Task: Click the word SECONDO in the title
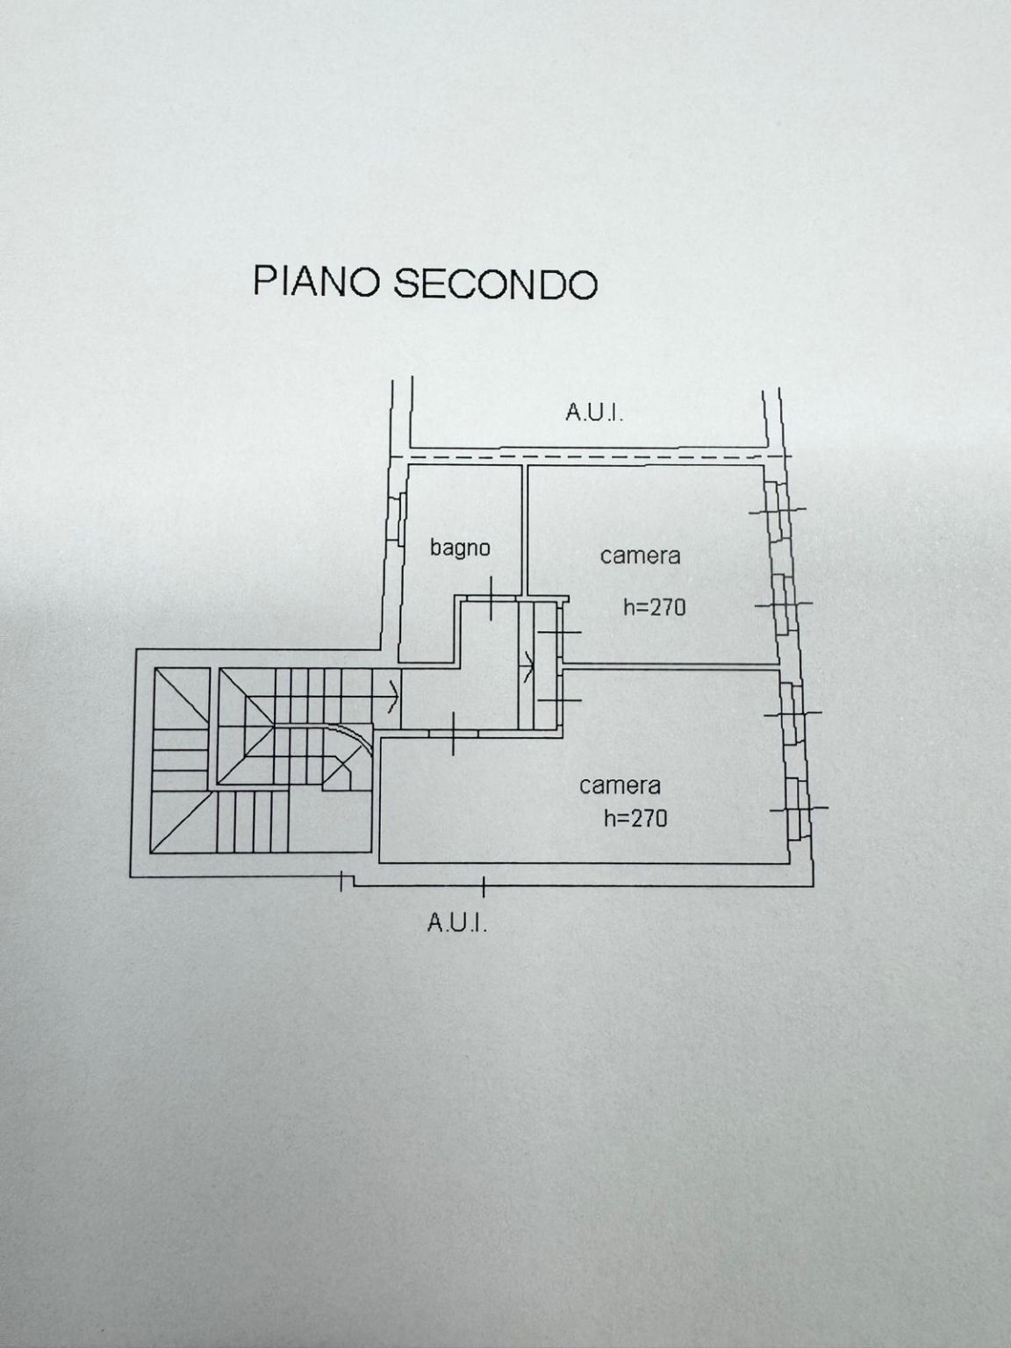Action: click(x=495, y=283)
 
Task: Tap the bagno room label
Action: click(x=460, y=548)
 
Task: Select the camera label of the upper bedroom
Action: click(x=641, y=556)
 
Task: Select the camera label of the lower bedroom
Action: click(x=620, y=785)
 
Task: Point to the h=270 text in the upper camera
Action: click(x=655, y=607)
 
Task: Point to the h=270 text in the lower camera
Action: click(x=635, y=818)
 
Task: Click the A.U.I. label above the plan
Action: click(x=594, y=412)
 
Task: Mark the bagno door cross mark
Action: click(x=491, y=598)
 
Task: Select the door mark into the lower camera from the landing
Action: click(x=453, y=734)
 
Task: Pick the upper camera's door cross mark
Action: click(x=559, y=633)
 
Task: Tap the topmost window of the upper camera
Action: click(x=776, y=509)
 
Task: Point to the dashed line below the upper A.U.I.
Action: click(x=592, y=457)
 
